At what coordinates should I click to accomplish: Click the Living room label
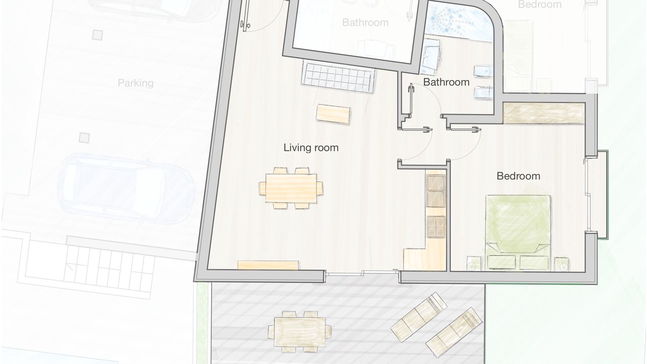pyautogui.click(x=311, y=148)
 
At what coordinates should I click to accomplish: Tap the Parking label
pyautogui.click(x=135, y=83)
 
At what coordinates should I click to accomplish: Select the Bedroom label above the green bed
pyautogui.click(x=518, y=176)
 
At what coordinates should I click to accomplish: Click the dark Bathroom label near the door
pyautogui.click(x=446, y=82)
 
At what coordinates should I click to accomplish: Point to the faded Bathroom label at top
pyautogui.click(x=365, y=22)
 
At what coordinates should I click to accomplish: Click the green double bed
pyautogui.click(x=518, y=233)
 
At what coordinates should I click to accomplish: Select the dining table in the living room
pyautogui.click(x=291, y=188)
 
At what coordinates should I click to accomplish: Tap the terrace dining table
pyautogui.click(x=300, y=332)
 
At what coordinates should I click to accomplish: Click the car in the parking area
pyautogui.click(x=126, y=189)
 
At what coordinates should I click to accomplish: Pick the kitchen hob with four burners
pyautogui.click(x=436, y=227)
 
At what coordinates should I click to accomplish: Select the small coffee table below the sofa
pyautogui.click(x=333, y=114)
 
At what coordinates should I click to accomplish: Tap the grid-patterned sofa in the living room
pyautogui.click(x=338, y=76)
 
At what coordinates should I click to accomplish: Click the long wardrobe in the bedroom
pyautogui.click(x=544, y=113)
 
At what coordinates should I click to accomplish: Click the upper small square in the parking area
pyautogui.click(x=98, y=35)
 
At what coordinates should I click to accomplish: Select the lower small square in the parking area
pyautogui.click(x=84, y=138)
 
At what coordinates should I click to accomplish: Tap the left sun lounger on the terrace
pyautogui.click(x=419, y=317)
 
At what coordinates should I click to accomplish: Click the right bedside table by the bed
pyautogui.click(x=562, y=264)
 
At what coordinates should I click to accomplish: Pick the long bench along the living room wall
pyautogui.click(x=268, y=265)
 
